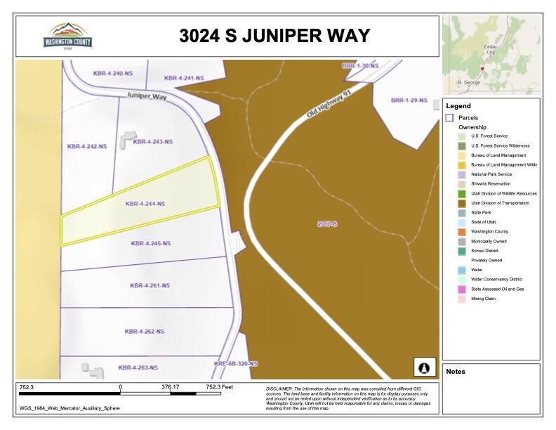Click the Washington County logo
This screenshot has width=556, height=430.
(68, 35)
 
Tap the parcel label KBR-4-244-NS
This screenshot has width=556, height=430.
(145, 204)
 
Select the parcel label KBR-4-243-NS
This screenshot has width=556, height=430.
(152, 142)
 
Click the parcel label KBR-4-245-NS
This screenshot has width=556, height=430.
(150, 244)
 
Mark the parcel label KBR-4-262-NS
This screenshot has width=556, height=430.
(144, 331)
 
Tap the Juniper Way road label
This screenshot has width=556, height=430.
(147, 96)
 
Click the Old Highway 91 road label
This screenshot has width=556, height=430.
(327, 105)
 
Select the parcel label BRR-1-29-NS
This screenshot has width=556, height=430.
(409, 100)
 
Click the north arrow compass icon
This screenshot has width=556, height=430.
(423, 367)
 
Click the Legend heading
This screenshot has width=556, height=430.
(458, 106)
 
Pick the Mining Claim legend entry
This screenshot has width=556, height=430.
(483, 299)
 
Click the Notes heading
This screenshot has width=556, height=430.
(456, 372)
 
